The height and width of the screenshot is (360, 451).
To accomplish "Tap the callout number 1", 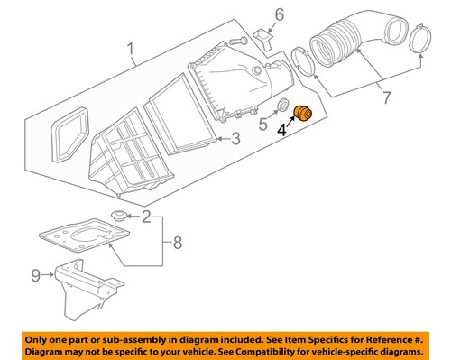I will [133, 47].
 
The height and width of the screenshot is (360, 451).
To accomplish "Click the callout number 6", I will [280, 14].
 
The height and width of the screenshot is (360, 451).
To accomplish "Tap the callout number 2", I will [145, 217].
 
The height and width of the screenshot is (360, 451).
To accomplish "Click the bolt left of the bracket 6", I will [237, 40].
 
